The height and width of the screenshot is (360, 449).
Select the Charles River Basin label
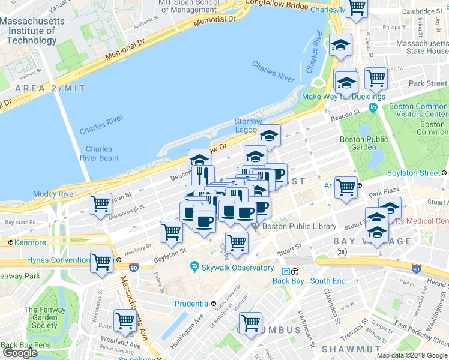click(x=101, y=154)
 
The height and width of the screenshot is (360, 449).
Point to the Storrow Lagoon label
click(x=248, y=126)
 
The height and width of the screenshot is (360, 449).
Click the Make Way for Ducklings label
click(x=343, y=97)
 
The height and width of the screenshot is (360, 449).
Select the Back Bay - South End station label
click(x=309, y=280)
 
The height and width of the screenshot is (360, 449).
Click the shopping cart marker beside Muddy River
click(x=101, y=203)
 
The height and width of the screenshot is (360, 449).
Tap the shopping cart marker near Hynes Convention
click(x=102, y=261)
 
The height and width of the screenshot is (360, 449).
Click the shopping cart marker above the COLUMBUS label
click(x=250, y=323)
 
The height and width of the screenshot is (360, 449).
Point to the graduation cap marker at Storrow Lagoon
click(x=270, y=136)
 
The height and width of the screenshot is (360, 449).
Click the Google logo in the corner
click(x=20, y=353)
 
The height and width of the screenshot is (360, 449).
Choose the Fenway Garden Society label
click(x=41, y=317)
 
